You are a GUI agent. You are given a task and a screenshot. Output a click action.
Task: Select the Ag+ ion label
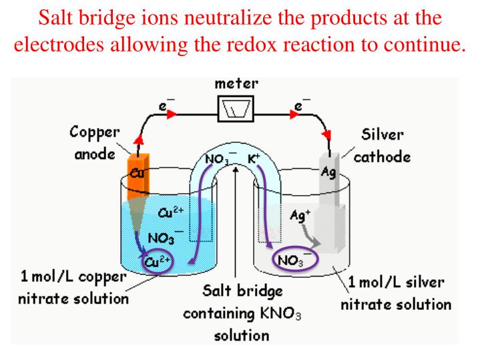(302, 216)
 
